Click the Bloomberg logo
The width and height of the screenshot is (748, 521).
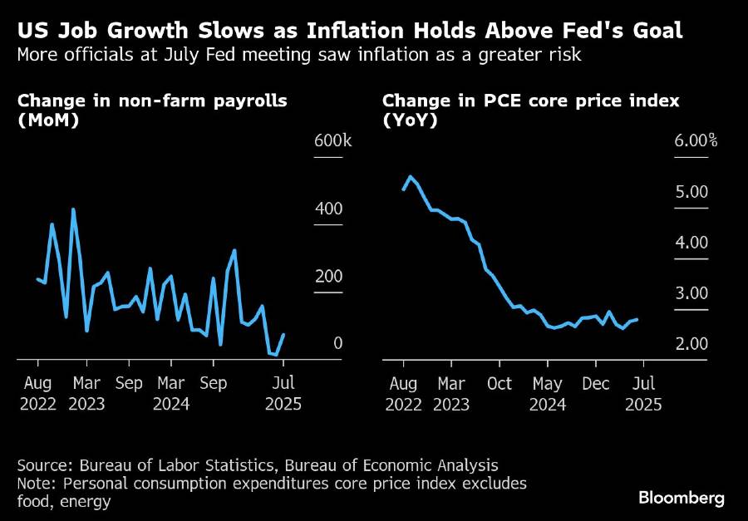click(x=682, y=498)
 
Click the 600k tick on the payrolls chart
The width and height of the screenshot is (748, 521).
click(x=332, y=140)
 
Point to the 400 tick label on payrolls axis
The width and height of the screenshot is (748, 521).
click(x=327, y=208)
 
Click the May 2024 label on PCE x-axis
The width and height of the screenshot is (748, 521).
click(x=548, y=394)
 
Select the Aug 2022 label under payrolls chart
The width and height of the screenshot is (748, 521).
click(x=38, y=394)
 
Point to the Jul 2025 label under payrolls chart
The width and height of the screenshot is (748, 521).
click(x=283, y=394)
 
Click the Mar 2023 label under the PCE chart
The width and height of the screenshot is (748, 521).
click(x=451, y=394)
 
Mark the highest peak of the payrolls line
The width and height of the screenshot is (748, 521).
click(x=74, y=209)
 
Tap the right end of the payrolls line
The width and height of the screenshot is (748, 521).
click(x=283, y=335)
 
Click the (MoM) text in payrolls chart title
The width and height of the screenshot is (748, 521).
click(x=41, y=120)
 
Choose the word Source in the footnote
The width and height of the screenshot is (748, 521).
click(x=40, y=465)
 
